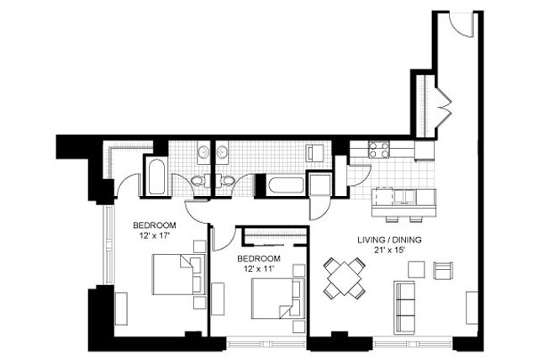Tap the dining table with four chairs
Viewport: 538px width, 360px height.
point(345,278)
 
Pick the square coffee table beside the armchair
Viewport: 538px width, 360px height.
point(416,270)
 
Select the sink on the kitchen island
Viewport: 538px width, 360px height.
point(403,198)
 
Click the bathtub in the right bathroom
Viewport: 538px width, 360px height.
point(286,185)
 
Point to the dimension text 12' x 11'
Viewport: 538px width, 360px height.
point(257,267)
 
